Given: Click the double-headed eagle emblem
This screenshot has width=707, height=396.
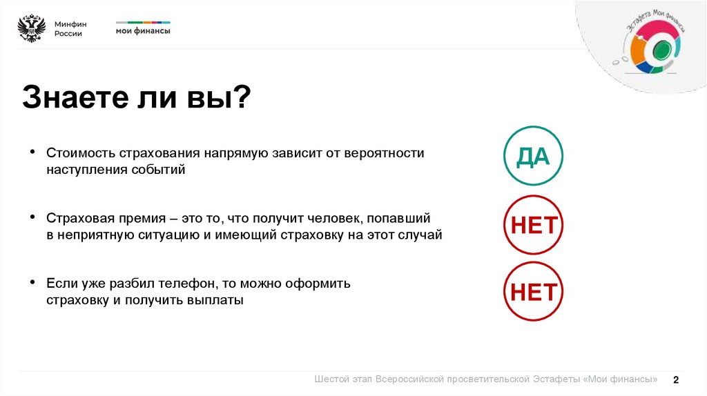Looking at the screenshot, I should (31, 29).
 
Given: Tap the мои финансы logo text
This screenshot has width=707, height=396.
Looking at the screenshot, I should (142, 31).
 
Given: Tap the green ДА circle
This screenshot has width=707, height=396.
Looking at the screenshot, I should (533, 156).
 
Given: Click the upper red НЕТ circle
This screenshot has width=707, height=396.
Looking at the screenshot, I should (533, 225).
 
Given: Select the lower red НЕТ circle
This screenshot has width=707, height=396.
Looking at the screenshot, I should (533, 291).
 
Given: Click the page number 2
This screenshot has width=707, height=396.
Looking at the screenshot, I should (676, 379).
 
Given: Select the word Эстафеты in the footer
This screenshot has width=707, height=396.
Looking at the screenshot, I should (557, 379).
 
